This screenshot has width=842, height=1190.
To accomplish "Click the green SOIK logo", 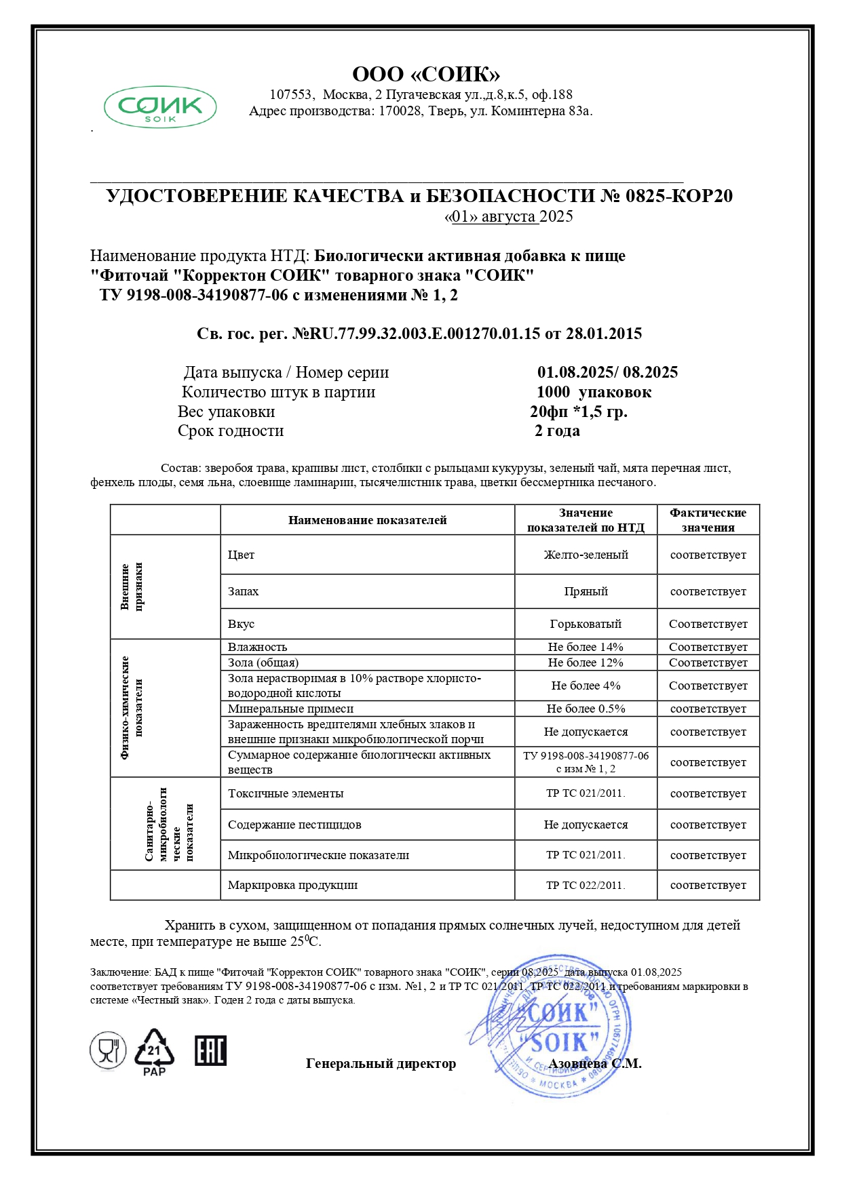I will click(160, 107).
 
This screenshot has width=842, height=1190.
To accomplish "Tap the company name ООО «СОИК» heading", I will click(426, 74).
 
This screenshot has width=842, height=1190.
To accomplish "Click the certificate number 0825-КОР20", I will click(678, 196).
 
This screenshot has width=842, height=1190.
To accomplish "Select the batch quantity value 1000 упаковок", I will click(594, 392).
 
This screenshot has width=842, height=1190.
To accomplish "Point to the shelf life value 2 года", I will click(557, 431).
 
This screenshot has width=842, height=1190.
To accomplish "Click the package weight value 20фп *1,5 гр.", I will click(578, 412).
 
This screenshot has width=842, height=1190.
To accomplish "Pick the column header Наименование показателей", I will click(367, 520).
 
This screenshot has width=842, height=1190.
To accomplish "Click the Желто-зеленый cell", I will click(586, 555).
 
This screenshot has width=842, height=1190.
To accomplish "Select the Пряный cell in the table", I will click(586, 591).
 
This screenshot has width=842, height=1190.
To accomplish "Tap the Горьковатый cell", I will click(586, 624).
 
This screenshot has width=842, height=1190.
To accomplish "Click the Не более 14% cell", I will click(586, 647).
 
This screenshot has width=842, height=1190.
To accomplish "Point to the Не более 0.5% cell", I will click(586, 709).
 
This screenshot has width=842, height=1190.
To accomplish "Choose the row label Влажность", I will click(258, 647).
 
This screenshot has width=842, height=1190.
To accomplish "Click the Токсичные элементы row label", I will click(286, 793).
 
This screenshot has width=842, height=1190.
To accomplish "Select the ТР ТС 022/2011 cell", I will click(586, 885).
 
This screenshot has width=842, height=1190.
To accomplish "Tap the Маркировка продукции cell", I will click(292, 885).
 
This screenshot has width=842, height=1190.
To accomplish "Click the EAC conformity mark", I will click(210, 1050).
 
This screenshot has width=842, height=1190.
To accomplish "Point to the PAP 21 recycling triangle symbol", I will click(154, 1052).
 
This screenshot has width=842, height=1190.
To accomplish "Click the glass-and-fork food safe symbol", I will click(108, 1051).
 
